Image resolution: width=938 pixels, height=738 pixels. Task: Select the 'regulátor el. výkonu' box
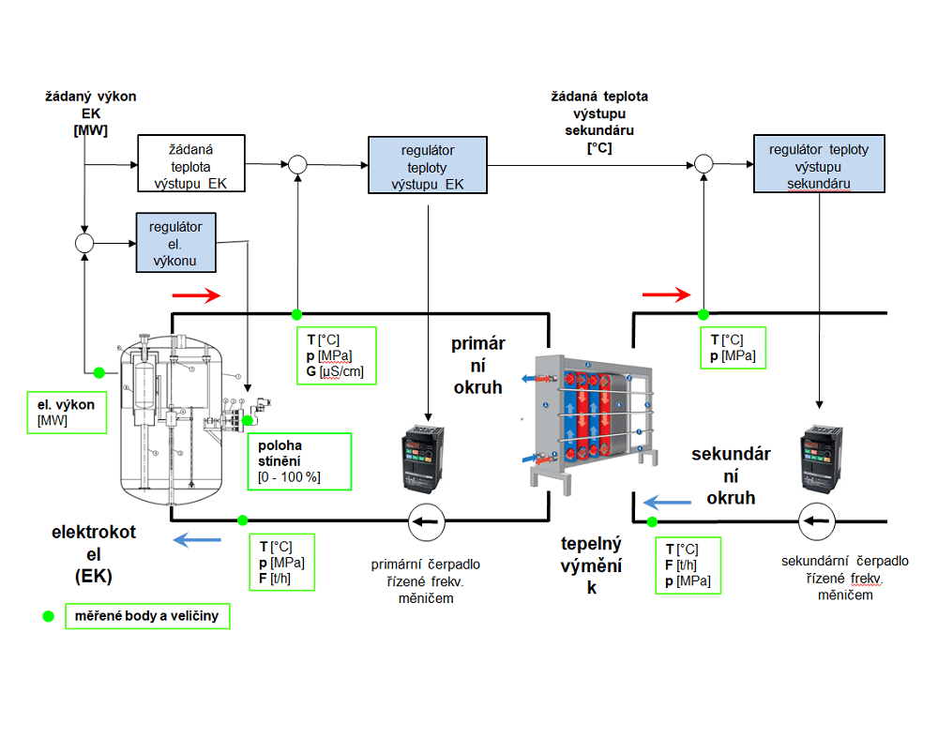pos(175,242)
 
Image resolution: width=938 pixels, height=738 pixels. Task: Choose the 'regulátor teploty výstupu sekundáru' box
pos(818,164)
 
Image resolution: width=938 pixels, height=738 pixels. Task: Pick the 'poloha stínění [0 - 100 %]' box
pos(298,460)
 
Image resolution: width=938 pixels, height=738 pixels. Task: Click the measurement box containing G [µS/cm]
pos(335,355)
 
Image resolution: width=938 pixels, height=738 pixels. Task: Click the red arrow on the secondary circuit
pos(666,295)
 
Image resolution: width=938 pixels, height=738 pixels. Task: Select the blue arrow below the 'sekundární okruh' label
pos(667,504)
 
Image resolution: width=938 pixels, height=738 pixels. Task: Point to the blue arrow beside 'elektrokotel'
pos(197,539)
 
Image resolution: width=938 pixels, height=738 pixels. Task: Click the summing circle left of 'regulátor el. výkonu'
pos(85,243)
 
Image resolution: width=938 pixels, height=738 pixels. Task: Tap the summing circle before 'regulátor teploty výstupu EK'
pos(297,164)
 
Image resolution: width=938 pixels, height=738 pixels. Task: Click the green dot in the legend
pos(46,616)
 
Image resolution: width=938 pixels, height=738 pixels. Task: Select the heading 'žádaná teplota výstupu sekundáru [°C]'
pos(599,122)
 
